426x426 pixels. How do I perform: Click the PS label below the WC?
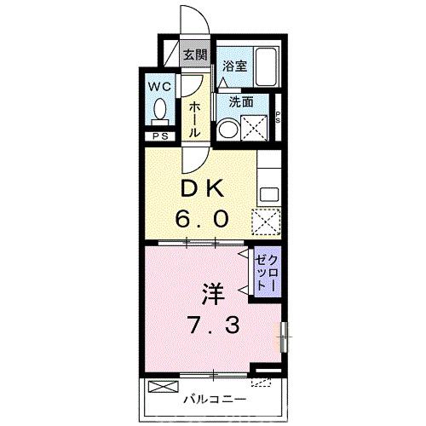click(159, 135)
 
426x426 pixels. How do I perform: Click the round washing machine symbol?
click(228, 129)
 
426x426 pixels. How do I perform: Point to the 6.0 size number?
click(202, 218)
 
